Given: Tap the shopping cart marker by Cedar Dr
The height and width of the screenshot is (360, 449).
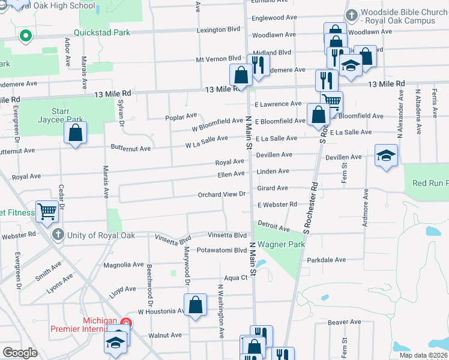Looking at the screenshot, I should [x=47, y=212].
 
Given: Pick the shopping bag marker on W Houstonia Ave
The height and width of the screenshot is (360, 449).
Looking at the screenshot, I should [x=195, y=305].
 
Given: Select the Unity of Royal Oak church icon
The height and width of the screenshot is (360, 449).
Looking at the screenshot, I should [x=58, y=233].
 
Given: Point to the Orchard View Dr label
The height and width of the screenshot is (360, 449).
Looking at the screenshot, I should [x=223, y=194].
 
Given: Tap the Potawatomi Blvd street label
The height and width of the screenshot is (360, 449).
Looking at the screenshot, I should [x=222, y=250].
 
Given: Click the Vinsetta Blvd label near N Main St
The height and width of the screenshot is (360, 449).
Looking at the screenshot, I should [x=228, y=235].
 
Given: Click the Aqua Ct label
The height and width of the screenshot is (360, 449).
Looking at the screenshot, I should [x=236, y=278].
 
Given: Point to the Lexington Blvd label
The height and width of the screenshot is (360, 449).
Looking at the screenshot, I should [x=218, y=29].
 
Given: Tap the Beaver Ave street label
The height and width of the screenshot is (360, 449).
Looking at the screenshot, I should [x=344, y=322].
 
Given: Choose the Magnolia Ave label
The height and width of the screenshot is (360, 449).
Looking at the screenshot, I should [x=123, y=265].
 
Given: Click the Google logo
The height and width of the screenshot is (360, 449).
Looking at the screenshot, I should [x=20, y=352].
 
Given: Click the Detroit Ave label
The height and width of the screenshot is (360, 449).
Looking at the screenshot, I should [x=273, y=226].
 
